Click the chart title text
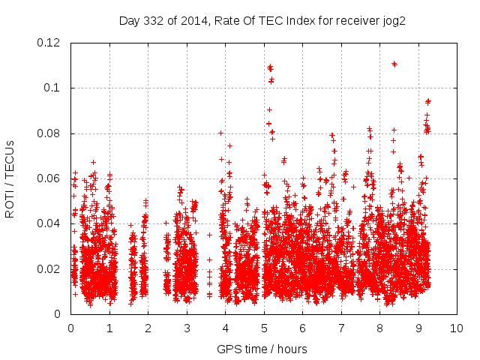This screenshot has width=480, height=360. click(262, 20)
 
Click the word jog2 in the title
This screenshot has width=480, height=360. click(394, 20)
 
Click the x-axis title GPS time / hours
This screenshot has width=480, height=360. click(262, 349)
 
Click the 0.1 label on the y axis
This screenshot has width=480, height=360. click(54, 88)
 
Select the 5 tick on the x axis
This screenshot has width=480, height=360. click(264, 328)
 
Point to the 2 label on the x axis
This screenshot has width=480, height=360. click(148, 328)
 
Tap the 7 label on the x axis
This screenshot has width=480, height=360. click(341, 328)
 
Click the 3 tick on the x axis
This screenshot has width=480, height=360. click(187, 328)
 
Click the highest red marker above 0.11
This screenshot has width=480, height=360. click(394, 64)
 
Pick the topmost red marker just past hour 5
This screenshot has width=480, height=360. click(270, 67)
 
